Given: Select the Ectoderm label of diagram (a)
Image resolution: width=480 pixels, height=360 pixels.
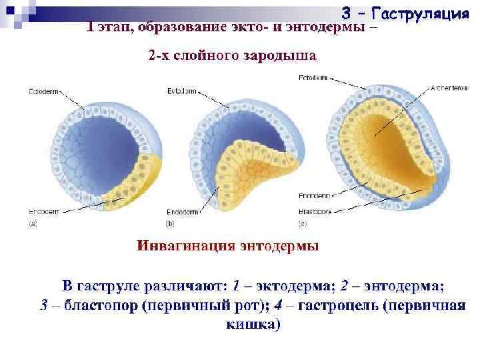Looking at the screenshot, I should pos(42,90).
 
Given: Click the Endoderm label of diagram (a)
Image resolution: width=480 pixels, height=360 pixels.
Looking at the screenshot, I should pos(42,212).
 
